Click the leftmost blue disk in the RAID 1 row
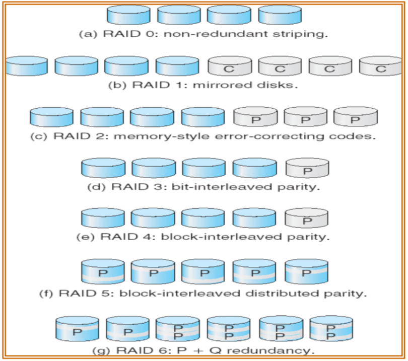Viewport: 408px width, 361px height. click(x=27, y=66)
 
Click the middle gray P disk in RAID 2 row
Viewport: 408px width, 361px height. click(x=305, y=118)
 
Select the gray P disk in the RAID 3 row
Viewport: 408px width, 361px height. click(x=307, y=169)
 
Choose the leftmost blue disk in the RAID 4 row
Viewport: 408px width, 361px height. click(x=102, y=219)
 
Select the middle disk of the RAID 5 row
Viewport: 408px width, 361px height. click(x=203, y=273)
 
